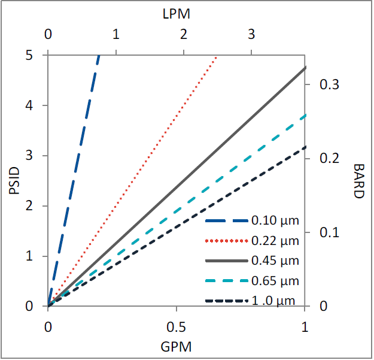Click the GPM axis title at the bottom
coord(176,346)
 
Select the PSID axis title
coord(16,180)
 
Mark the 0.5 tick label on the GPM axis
coord(176,328)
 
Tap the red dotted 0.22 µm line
coord(132,180)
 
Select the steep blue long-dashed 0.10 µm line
coord(73,180)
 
